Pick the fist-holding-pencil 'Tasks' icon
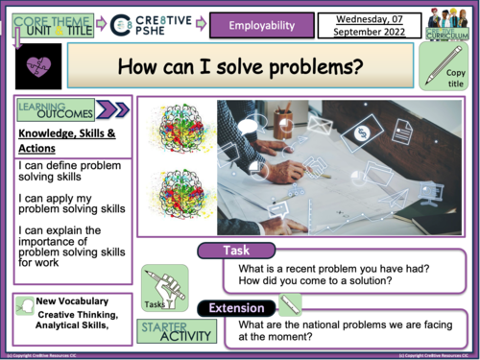(163, 287)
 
